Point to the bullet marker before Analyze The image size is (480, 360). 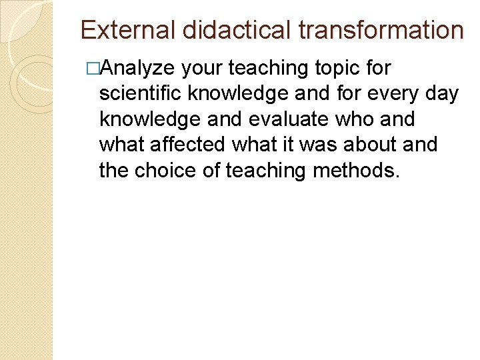click(x=92, y=68)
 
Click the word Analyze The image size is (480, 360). click(x=137, y=68)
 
